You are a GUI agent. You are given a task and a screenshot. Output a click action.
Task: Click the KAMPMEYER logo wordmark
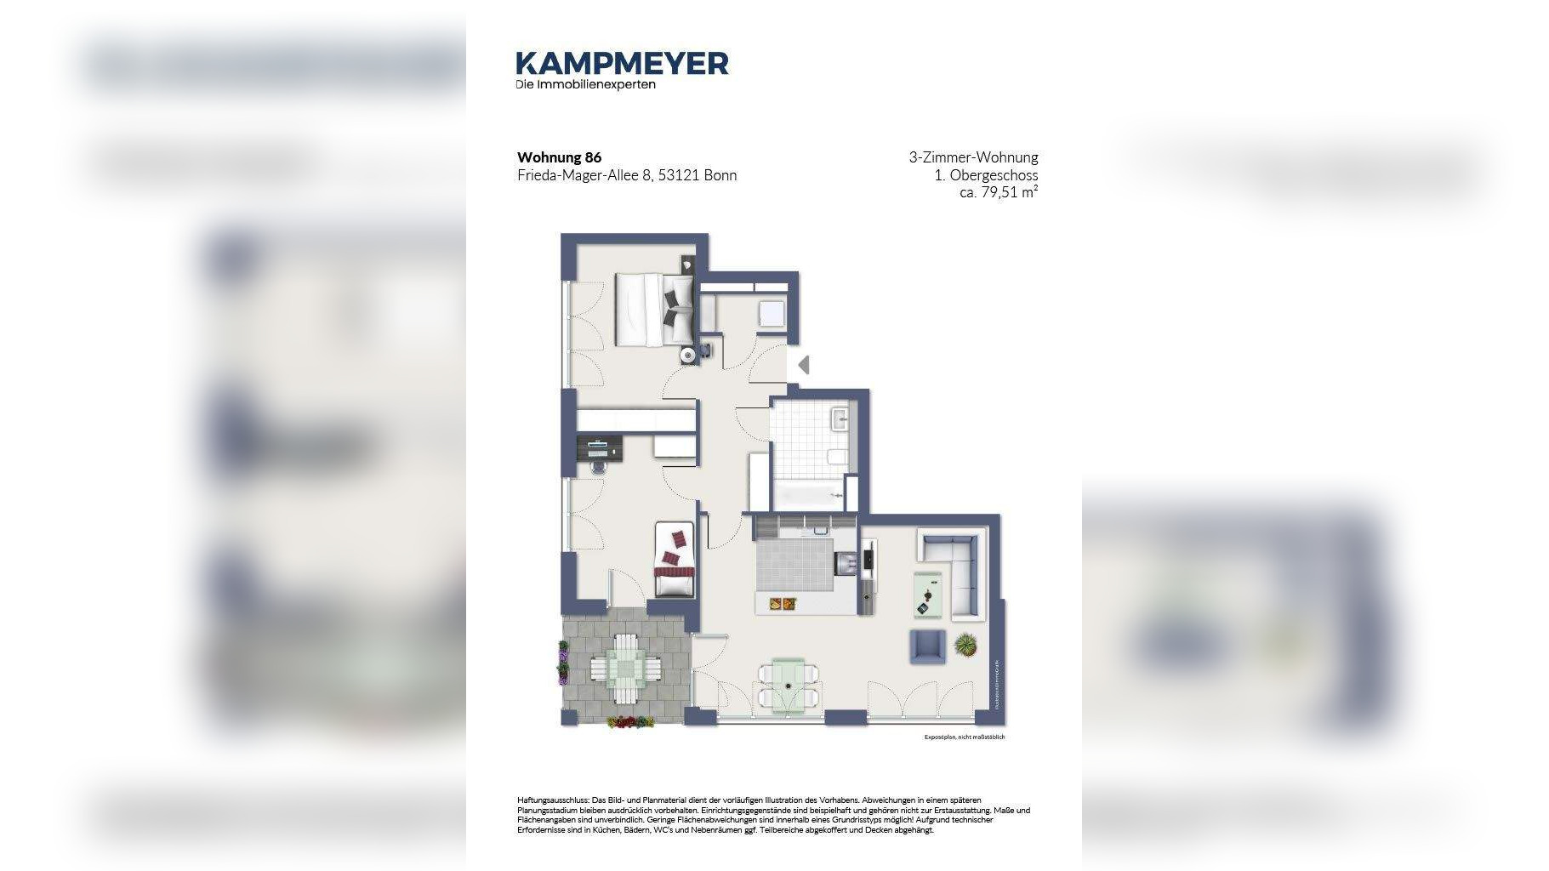click(622, 63)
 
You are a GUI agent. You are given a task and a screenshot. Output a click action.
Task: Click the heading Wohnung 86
click(559, 157)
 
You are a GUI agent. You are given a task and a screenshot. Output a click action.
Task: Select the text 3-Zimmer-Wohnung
click(973, 157)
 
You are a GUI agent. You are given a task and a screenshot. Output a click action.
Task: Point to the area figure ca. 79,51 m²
click(998, 193)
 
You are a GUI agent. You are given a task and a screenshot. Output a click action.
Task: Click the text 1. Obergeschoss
click(986, 175)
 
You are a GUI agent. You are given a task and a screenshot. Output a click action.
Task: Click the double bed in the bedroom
click(653, 310)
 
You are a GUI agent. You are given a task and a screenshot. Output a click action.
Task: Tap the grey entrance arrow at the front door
click(803, 365)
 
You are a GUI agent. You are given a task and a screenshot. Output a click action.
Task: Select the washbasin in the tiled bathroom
click(840, 418)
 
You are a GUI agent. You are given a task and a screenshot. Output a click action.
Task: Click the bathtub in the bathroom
click(808, 494)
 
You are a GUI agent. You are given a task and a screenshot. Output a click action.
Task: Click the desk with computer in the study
click(600, 449)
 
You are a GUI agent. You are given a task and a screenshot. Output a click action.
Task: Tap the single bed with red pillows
click(676, 560)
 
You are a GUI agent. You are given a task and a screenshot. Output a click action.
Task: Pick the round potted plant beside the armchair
click(965, 645)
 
